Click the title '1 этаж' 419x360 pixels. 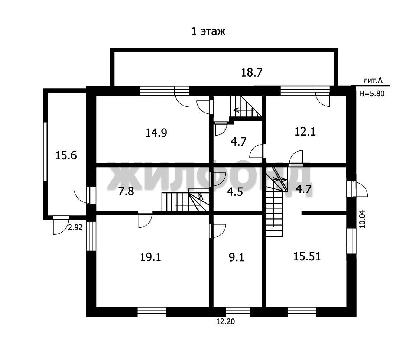[208, 31]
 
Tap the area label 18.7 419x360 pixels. [252, 72]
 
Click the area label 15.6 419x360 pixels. [66, 155]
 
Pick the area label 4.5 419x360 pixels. [235, 192]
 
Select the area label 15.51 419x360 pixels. [307, 256]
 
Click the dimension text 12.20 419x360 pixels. [225, 321]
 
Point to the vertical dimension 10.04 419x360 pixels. [362, 218]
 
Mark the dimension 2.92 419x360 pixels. [75, 227]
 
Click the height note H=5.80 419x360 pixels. [372, 94]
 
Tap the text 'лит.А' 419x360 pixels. [373, 80]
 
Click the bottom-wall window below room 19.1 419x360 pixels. [152, 312]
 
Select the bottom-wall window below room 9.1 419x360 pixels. [238, 312]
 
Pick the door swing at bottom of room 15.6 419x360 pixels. [61, 225]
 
